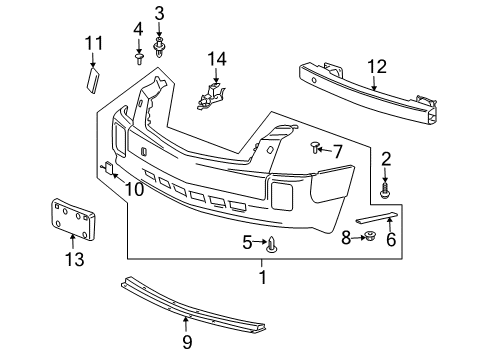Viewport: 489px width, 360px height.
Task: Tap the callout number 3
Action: [159, 12]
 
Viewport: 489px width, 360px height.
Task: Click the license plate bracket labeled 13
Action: [72, 218]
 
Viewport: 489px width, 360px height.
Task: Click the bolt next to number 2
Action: [386, 186]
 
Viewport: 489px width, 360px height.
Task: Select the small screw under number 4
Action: [138, 61]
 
